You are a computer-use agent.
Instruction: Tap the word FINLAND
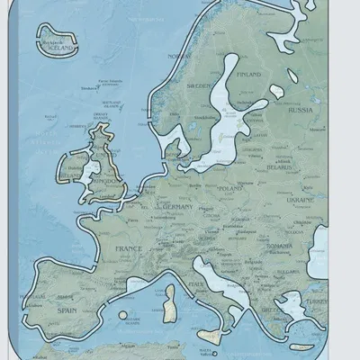tap(249, 75)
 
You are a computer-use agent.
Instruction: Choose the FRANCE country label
tap(121, 247)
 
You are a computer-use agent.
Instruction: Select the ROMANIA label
tap(280, 245)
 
